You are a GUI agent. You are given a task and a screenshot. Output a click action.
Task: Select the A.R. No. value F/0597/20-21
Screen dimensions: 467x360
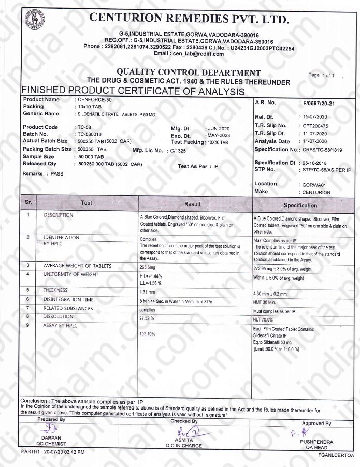coord(318,104)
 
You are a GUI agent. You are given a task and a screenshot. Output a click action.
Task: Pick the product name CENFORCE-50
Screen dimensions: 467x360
coord(93,100)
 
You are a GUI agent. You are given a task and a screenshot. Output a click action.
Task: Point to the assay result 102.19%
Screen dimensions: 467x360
coord(148,334)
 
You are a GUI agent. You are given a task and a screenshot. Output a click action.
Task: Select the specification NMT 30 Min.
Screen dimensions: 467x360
coord(266,301)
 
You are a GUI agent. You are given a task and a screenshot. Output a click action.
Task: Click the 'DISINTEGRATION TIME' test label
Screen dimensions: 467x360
coord(68,300)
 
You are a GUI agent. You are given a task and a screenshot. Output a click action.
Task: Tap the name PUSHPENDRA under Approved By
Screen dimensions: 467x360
coord(316,442)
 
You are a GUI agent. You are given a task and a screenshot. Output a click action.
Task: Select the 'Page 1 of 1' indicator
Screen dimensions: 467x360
coord(322,75)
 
